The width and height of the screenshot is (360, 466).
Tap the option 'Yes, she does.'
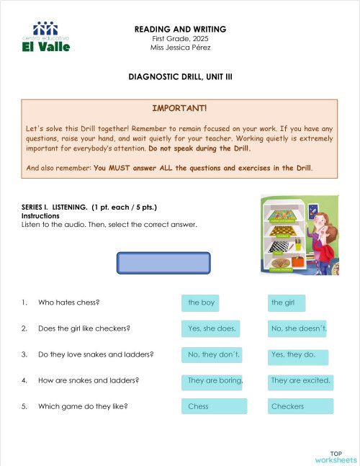point(212,329)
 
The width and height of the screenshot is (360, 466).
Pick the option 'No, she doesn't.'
point(297,329)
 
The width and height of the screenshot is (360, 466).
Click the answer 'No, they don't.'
point(212,355)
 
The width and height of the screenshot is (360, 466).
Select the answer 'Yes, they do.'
point(297,355)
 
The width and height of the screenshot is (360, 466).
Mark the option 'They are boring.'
point(212,380)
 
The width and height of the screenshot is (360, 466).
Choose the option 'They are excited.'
point(300,380)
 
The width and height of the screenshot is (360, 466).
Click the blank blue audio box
point(163,262)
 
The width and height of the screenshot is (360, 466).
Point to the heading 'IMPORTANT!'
point(179,108)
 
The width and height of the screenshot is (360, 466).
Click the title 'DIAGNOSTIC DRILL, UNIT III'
point(179,76)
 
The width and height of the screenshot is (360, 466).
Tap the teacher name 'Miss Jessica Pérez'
point(180,48)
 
